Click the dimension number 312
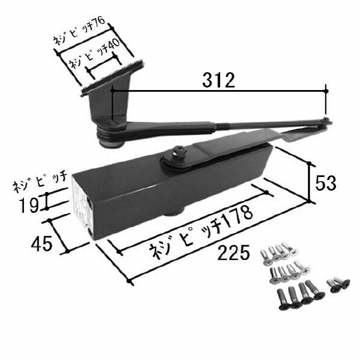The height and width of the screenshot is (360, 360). (218, 80)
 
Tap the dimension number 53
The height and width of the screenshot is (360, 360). (326, 183)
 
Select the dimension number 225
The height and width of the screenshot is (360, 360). (233, 253)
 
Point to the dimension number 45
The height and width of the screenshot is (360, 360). (41, 244)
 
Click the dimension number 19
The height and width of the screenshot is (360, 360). (29, 205)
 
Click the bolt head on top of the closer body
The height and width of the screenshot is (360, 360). (179, 151)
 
